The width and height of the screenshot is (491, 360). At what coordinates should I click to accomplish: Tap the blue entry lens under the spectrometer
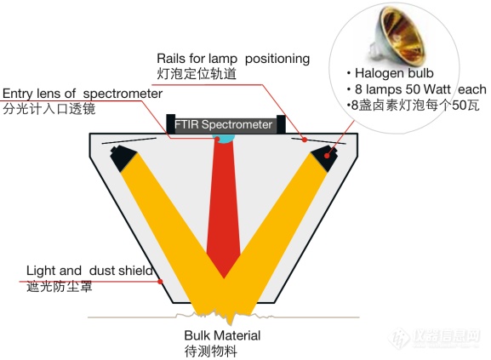(x=223, y=138)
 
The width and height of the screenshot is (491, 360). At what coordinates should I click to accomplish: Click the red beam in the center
(x=224, y=207)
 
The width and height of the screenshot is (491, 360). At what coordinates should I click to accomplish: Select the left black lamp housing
(x=123, y=158)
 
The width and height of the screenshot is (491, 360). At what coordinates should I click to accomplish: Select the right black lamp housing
(x=324, y=158)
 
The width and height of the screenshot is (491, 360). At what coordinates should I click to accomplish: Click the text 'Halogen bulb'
(x=394, y=73)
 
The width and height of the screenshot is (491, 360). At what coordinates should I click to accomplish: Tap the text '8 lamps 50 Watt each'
(x=420, y=89)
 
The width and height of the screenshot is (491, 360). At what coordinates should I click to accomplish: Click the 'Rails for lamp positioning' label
(x=233, y=59)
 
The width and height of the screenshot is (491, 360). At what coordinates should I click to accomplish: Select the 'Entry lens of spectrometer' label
(x=83, y=94)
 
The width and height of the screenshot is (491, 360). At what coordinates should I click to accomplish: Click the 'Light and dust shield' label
(x=90, y=271)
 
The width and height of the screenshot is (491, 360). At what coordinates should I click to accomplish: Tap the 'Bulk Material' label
(x=222, y=335)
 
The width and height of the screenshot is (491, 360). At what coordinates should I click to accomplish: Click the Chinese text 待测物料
(x=211, y=351)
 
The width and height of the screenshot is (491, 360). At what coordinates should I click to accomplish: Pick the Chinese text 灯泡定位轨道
(x=197, y=74)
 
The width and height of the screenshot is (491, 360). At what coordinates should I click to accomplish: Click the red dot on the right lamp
(x=328, y=156)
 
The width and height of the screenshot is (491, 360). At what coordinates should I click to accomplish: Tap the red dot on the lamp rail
(x=304, y=140)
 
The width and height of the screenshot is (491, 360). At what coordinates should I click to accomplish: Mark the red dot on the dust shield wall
(x=160, y=282)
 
